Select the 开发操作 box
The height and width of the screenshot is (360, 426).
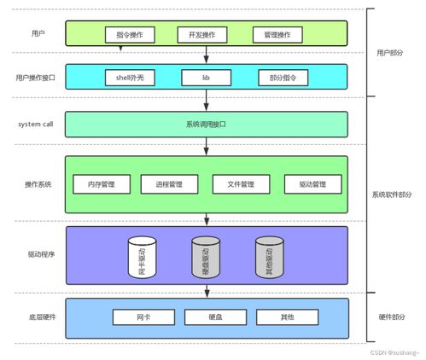point(201,35)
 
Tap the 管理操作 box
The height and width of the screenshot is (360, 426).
point(277,35)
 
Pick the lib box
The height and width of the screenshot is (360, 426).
point(206,78)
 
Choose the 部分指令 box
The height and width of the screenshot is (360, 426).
point(282,78)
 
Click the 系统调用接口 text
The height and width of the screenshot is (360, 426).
point(206,125)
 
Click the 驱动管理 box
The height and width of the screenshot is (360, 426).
point(312,184)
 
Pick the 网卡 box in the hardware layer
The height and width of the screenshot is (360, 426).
point(142,316)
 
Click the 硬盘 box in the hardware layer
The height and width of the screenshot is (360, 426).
point(214,316)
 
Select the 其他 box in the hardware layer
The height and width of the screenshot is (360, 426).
point(287,316)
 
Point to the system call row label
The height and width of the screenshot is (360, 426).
point(36,125)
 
